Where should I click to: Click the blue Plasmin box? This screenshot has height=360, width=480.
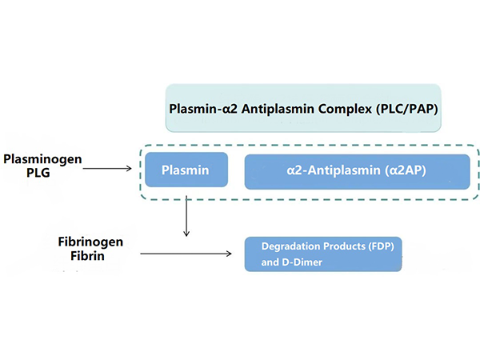click(185, 170)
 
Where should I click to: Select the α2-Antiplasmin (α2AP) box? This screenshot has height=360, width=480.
click(357, 171)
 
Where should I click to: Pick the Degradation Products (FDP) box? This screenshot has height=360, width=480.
click(322, 253)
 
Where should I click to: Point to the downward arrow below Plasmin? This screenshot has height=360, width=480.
click(186, 212)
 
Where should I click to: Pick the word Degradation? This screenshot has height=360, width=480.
click(286, 245)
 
